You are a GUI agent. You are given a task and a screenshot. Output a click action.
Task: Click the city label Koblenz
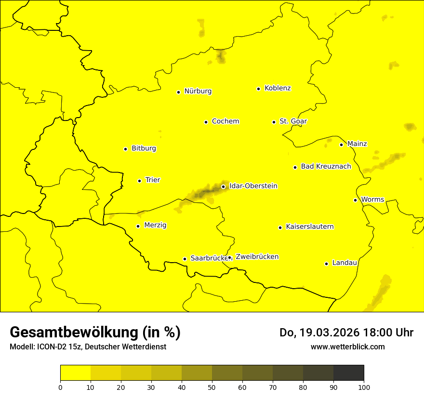278,88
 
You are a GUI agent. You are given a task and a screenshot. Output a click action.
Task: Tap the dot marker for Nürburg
178,92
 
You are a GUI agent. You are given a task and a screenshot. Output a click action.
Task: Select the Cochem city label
225,121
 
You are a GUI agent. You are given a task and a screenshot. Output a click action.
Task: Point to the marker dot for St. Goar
274,122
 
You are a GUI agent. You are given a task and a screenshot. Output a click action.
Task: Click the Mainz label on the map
357,144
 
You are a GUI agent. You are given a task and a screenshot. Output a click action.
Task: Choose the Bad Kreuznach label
326,166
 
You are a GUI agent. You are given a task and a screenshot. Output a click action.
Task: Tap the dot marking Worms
355,200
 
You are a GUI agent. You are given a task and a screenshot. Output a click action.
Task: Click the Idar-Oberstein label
253,186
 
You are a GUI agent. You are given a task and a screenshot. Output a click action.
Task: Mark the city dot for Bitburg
125,149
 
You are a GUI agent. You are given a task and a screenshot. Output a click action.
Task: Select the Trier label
152,180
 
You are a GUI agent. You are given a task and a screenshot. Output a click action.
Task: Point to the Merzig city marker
138,226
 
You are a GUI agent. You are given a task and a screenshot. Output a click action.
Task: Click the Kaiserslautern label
309,227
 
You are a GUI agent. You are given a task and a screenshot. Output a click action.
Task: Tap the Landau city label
344,263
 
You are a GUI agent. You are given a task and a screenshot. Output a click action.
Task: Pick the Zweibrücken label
257,257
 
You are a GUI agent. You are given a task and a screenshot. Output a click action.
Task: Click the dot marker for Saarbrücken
185,259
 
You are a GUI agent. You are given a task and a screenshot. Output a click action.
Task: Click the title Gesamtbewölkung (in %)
95,333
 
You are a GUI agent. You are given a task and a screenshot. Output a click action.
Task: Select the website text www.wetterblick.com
347,347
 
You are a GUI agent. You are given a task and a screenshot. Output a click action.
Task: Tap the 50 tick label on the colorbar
212,387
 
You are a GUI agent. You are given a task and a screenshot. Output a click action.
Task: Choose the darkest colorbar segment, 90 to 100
348,373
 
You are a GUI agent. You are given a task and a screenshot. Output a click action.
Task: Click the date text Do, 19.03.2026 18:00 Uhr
346,333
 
